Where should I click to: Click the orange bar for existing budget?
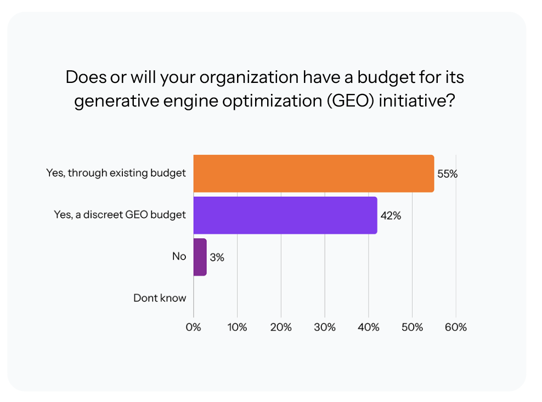point(313,174)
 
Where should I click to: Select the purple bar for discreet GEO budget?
point(285,215)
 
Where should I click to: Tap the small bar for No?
point(200,257)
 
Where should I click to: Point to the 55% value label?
point(447,174)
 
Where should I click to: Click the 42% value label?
point(391,216)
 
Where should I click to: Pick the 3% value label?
point(217,257)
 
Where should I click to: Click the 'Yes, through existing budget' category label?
point(116,173)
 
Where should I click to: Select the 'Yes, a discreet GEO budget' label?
point(120,215)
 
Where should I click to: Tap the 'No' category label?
point(179,256)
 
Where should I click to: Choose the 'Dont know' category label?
point(160,298)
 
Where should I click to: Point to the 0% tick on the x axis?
point(194,327)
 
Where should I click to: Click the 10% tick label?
point(237,327)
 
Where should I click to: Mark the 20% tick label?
point(281,327)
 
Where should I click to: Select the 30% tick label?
point(325,327)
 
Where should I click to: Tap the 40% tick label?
point(368,327)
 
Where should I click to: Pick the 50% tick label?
point(412,327)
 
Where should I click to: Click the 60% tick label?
point(456,327)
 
